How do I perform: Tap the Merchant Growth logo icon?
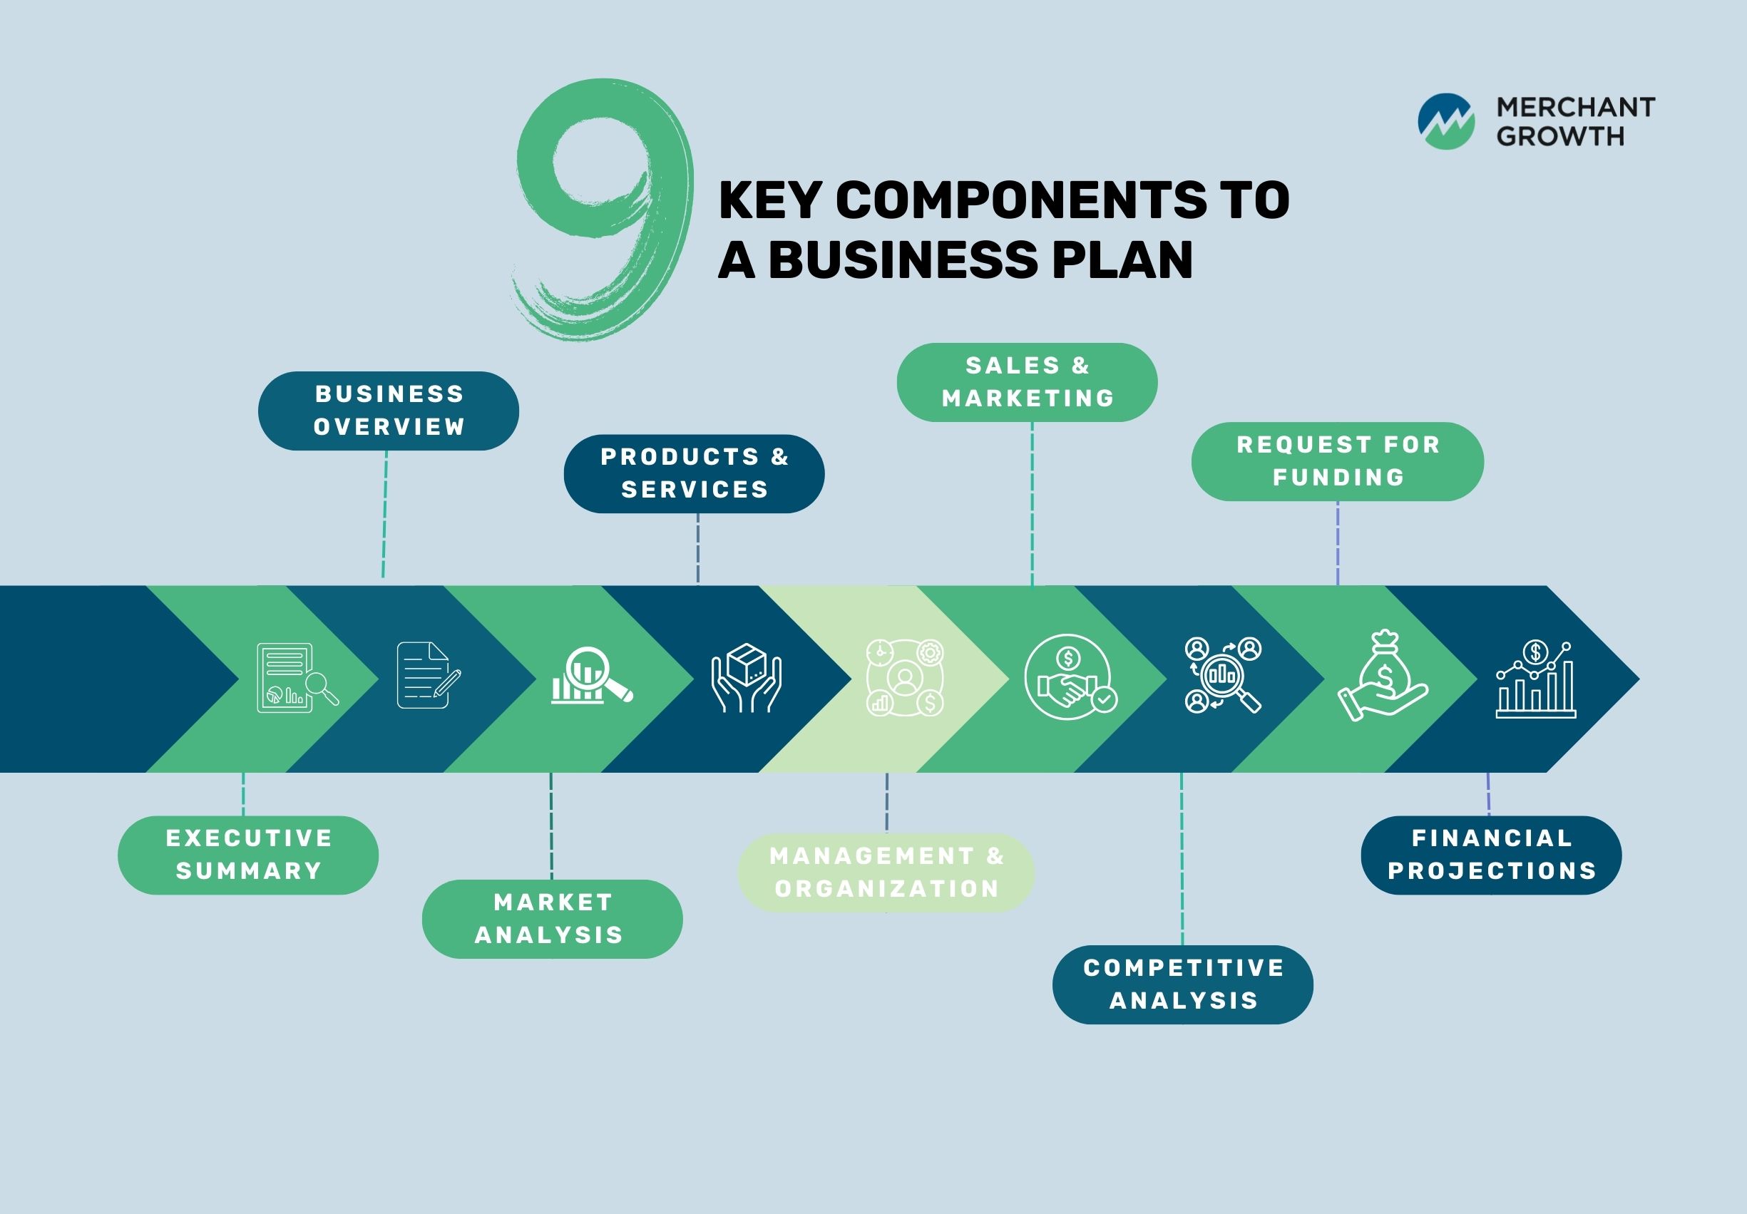[1445, 122]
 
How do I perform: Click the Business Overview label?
[389, 411]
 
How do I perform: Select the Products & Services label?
[694, 473]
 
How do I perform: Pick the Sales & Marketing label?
[1028, 382]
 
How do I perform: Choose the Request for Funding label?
[1338, 461]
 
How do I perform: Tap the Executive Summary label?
[248, 855]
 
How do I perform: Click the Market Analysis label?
[553, 919]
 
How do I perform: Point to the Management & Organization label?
[886, 873]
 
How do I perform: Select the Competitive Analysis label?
[1183, 984]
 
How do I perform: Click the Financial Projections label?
[1491, 855]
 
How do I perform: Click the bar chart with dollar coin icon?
[1535, 679]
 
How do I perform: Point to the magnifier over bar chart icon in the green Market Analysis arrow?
[590, 676]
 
